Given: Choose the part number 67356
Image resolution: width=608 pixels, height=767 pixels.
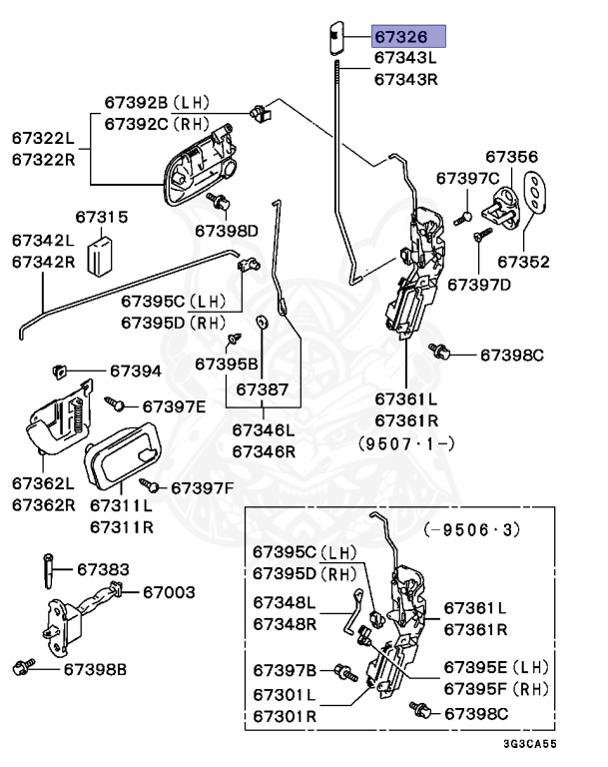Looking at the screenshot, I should (x=511, y=157).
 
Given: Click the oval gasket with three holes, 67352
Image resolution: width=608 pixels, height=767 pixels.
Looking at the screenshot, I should (x=536, y=193).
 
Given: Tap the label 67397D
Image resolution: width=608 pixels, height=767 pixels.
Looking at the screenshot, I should (x=478, y=285).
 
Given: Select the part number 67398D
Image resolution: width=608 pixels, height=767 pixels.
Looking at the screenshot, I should (x=226, y=231).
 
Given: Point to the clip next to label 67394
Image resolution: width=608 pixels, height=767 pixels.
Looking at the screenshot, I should (x=59, y=372).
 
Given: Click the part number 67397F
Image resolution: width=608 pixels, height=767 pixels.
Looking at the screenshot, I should (x=202, y=487).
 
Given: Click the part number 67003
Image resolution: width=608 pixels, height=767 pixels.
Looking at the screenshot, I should (x=168, y=592).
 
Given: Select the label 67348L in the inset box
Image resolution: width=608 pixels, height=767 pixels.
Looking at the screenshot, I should (x=284, y=602).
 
